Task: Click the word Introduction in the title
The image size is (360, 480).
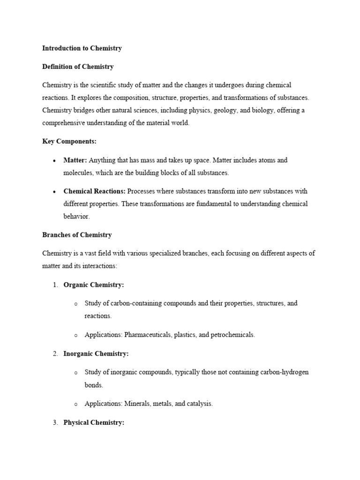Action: click(60, 48)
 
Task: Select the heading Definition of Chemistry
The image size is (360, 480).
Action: click(78, 67)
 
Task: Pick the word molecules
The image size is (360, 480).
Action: click(77, 172)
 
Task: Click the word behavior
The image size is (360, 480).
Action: click(76, 217)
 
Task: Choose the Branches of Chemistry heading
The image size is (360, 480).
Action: click(77, 235)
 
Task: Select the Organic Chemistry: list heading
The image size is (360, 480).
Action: click(94, 285)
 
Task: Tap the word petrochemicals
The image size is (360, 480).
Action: click(233, 335)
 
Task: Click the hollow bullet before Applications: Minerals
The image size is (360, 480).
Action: click(75, 404)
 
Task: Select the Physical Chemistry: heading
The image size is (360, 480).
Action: click(94, 422)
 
